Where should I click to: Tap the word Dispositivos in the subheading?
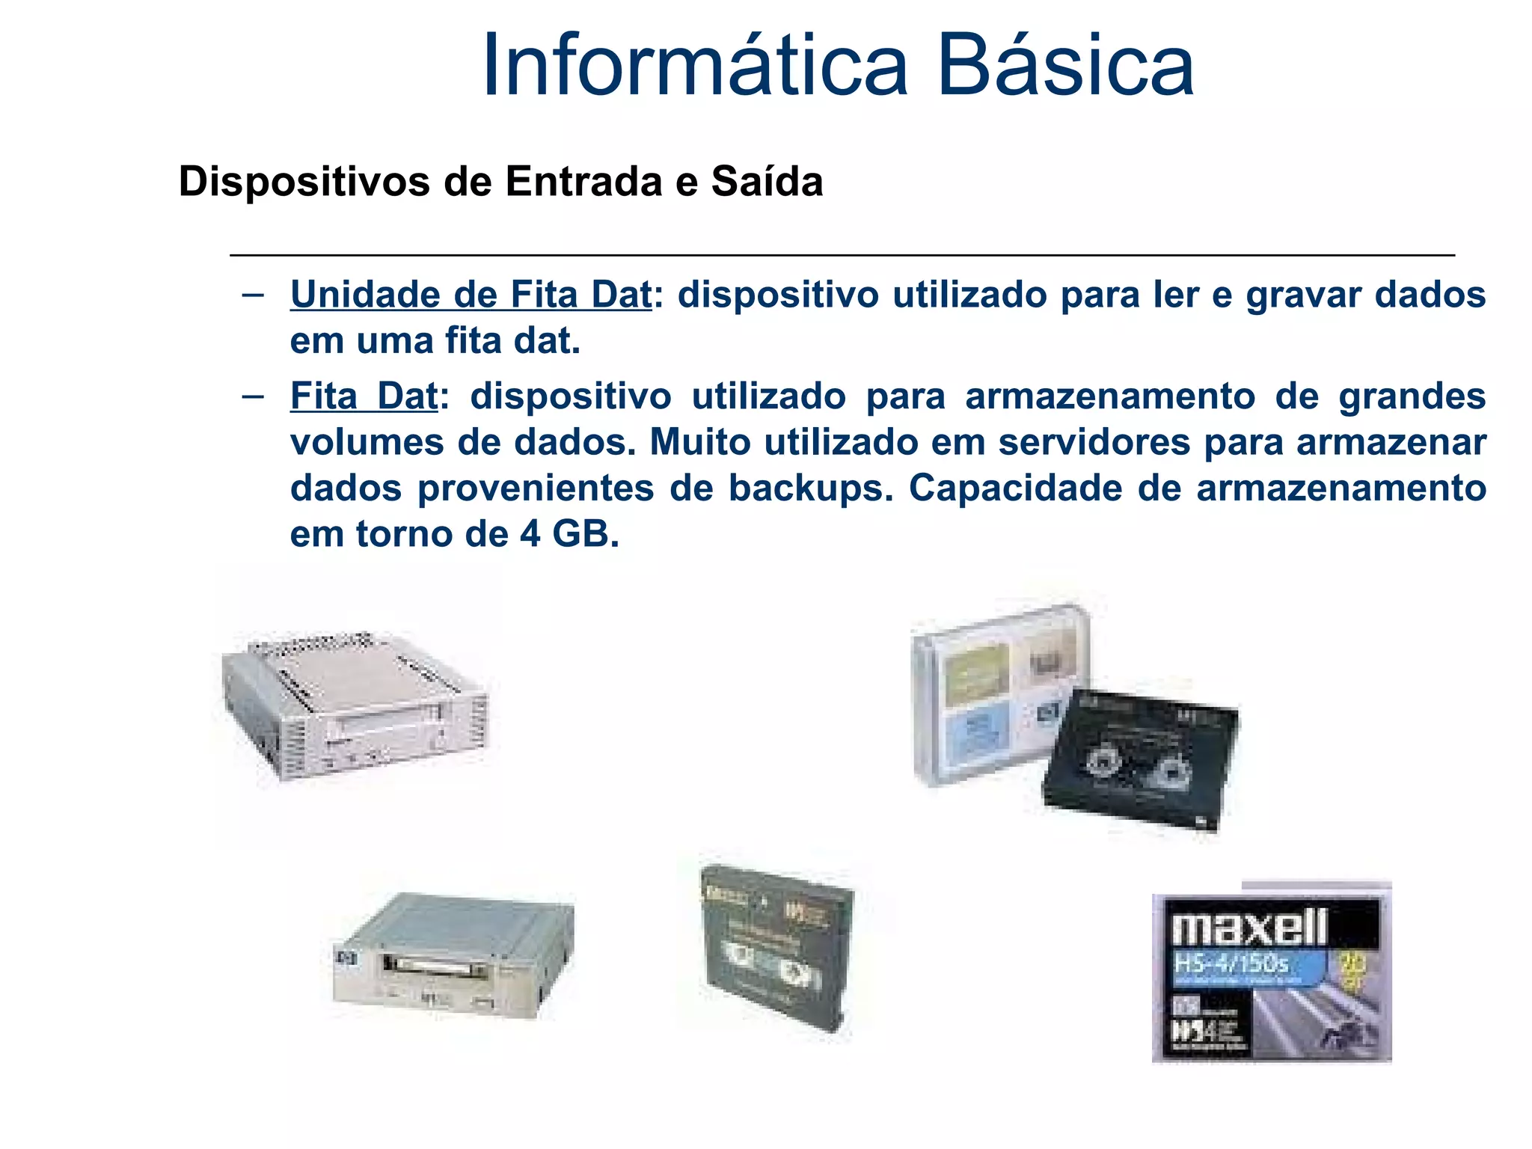click(x=304, y=182)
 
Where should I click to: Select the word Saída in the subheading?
click(x=767, y=182)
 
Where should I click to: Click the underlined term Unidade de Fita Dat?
click(x=471, y=295)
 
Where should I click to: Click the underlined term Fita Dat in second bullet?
click(x=364, y=396)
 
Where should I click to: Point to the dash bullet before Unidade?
click(x=253, y=294)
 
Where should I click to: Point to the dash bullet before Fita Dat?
click(x=253, y=395)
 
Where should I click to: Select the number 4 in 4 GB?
click(x=530, y=534)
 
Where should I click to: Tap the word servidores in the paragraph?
click(x=1094, y=442)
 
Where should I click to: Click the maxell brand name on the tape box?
click(x=1249, y=928)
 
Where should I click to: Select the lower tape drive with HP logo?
click(x=453, y=955)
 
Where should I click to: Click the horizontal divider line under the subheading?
click(x=842, y=255)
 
